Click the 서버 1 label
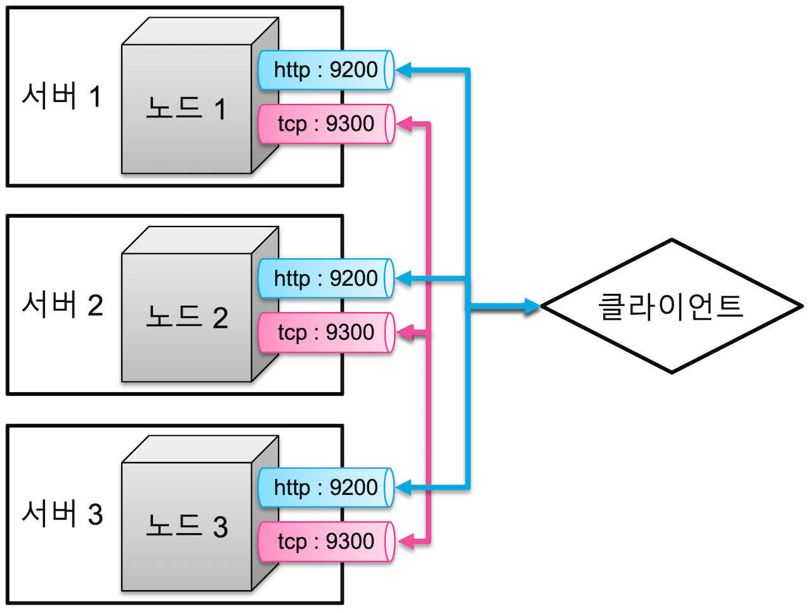62,96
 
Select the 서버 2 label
62,305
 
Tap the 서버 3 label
62,513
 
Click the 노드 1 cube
187,109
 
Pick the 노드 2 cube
187,317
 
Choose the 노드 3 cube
187,526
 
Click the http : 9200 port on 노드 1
325,70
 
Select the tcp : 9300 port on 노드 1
325,124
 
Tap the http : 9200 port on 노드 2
325,279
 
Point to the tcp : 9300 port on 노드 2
325,333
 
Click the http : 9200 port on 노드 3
325,487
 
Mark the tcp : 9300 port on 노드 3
325,541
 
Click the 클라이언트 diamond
671,306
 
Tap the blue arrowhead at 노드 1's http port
404,70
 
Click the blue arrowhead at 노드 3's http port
404,487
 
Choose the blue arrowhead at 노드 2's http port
404,278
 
